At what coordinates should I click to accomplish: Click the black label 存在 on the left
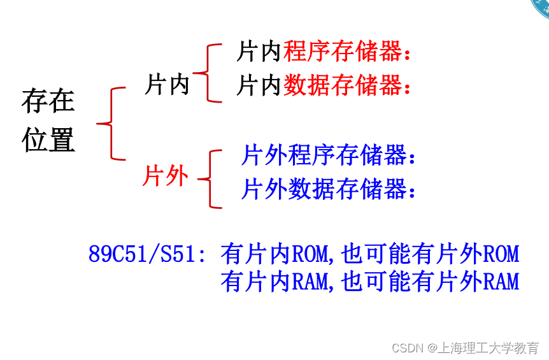point(48,101)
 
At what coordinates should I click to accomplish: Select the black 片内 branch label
point(168,84)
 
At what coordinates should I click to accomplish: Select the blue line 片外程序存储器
point(325,155)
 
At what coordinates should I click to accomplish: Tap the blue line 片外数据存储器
point(325,189)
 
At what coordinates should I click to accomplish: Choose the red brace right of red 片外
point(211,179)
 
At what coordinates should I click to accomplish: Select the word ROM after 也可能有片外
point(501,255)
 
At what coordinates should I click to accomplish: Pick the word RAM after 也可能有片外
point(501,282)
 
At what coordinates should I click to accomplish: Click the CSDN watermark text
point(408,348)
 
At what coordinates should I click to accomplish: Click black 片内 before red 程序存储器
point(259,52)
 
